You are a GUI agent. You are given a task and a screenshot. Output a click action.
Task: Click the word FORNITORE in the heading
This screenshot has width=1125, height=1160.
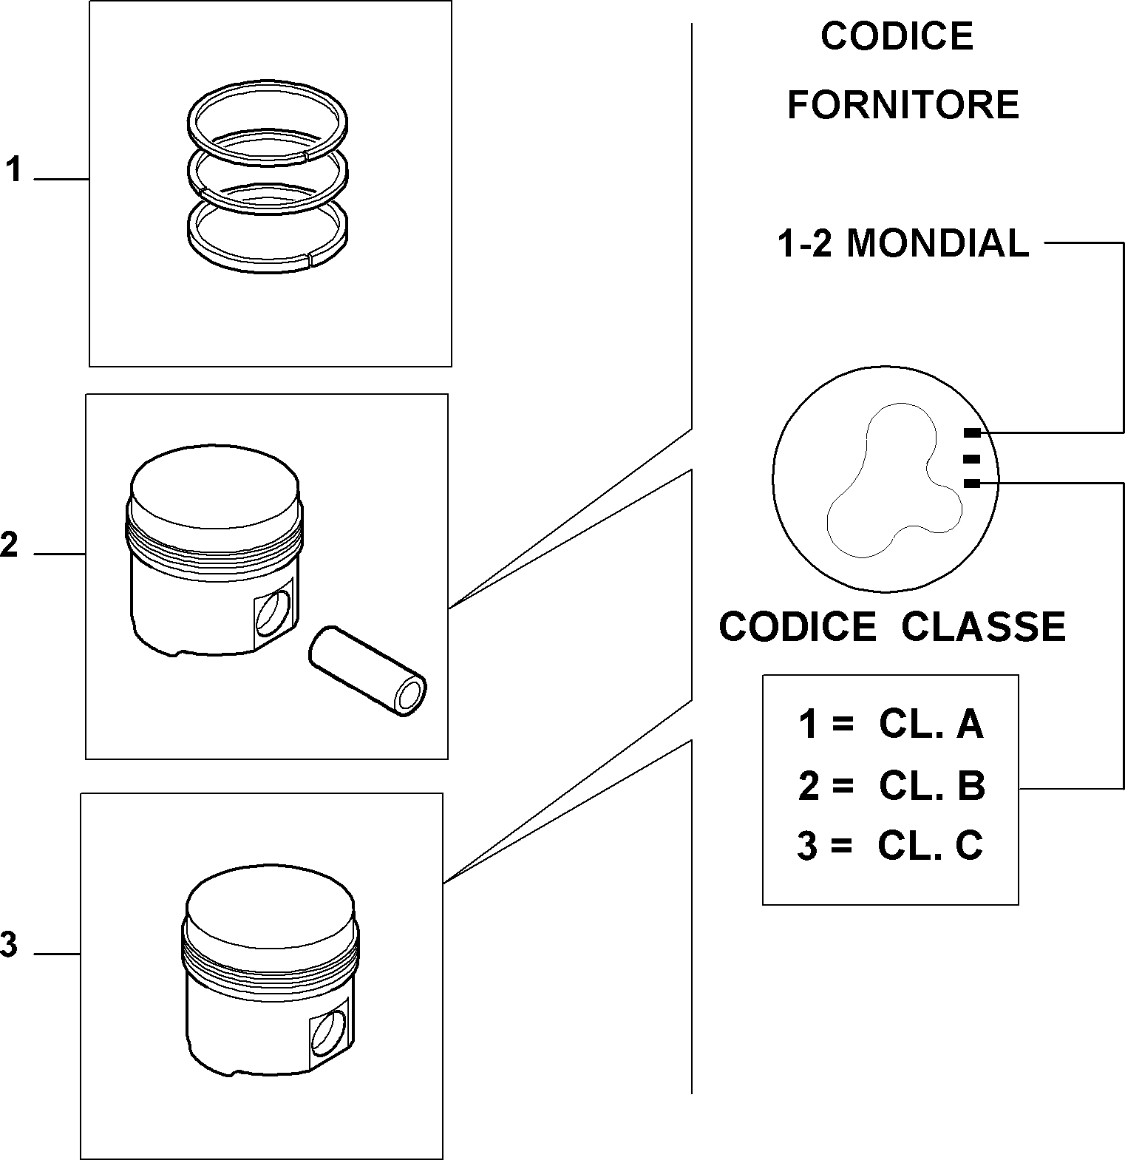click(x=903, y=105)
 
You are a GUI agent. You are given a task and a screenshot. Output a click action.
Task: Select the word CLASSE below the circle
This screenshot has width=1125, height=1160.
click(x=983, y=627)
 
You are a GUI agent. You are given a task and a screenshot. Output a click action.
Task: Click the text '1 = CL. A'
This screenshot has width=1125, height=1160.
click(x=891, y=725)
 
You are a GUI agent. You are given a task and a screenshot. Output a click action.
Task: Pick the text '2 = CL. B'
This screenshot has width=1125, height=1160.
click(x=891, y=786)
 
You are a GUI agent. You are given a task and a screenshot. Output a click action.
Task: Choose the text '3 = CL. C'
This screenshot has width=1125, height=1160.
click(x=890, y=846)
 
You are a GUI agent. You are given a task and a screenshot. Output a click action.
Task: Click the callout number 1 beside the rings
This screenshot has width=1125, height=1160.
click(x=13, y=169)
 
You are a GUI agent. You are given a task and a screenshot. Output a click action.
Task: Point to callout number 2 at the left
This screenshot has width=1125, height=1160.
click(x=9, y=545)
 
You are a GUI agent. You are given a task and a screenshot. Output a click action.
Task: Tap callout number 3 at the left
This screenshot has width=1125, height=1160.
click(x=9, y=945)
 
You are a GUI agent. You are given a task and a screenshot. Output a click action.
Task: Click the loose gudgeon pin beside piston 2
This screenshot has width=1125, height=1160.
click(x=367, y=670)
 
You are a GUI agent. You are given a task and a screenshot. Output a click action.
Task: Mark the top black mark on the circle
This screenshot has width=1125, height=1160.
click(x=973, y=433)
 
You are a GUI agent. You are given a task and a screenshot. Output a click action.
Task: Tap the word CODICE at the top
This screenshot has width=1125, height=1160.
click(x=897, y=36)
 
